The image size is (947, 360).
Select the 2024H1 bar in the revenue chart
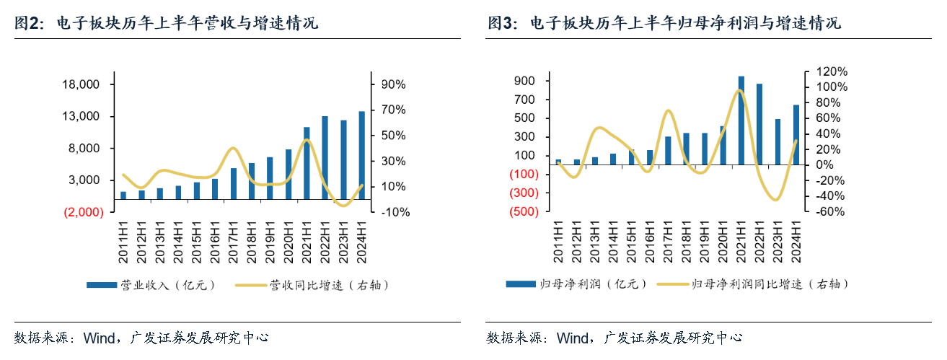[361, 155]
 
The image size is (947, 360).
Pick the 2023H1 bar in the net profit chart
[778, 142]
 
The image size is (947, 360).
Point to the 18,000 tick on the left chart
[81, 85]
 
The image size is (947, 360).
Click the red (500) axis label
[524, 212]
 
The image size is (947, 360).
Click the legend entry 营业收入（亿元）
[150, 285]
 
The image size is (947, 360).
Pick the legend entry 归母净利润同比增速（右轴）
[752, 285]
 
